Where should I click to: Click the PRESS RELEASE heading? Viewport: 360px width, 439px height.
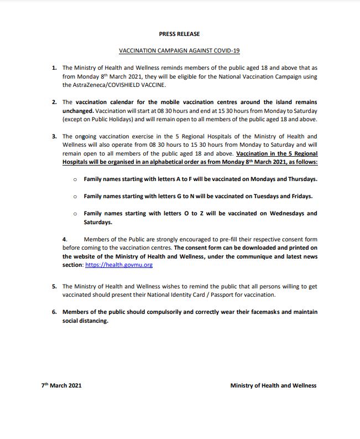click(x=179, y=34)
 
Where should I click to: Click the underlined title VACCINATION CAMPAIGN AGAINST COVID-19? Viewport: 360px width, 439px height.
click(x=179, y=50)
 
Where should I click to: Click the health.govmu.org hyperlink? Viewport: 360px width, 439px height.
click(x=119, y=265)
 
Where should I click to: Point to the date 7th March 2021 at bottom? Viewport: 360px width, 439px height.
click(x=61, y=386)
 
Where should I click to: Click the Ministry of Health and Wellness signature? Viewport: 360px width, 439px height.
click(x=273, y=386)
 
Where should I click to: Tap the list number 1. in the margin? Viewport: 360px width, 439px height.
click(x=54, y=68)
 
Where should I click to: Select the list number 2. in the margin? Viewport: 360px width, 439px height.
click(x=54, y=102)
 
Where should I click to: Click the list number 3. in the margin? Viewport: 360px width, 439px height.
click(x=54, y=136)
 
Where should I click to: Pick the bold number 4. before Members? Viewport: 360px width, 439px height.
click(x=65, y=239)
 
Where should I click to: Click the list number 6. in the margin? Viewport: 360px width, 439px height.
click(x=54, y=312)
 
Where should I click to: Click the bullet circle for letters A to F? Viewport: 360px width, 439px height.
click(x=75, y=179)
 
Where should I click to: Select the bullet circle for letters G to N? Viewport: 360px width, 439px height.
click(x=75, y=197)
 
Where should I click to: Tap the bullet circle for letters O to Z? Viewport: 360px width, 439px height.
click(x=75, y=214)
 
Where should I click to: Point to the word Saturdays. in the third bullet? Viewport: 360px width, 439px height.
click(x=98, y=223)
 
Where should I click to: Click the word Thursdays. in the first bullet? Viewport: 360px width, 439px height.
click(x=300, y=179)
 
